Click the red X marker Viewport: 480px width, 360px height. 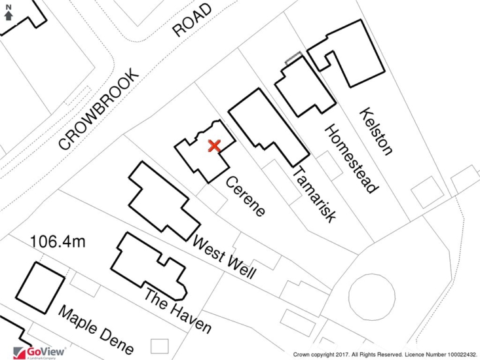[x=214, y=146]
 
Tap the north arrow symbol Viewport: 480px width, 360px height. [x=9, y=12]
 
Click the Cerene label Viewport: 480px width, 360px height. [x=245, y=196]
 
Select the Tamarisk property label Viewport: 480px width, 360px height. [x=314, y=194]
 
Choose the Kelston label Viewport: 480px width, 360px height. [x=376, y=132]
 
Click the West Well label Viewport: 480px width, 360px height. [x=224, y=257]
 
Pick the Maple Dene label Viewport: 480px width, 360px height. [x=96, y=330]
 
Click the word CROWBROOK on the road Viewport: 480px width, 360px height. [x=98, y=109]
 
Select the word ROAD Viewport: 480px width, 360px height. [x=192, y=20]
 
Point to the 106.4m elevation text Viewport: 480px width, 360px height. [x=58, y=242]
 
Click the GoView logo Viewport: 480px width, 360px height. [x=39, y=353]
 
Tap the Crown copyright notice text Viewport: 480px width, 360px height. [x=385, y=355]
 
